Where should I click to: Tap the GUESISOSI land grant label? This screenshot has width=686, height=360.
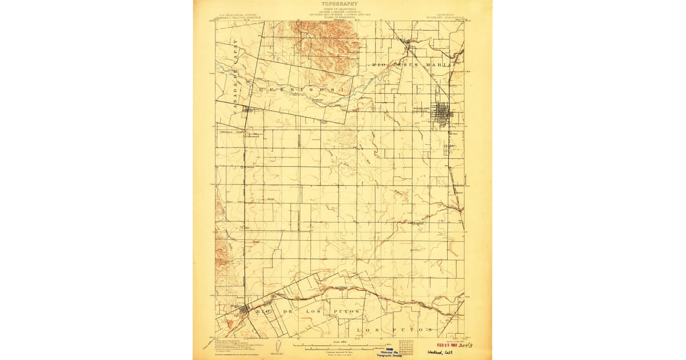pos(301,90)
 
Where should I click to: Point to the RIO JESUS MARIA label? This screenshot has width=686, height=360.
pos(412,65)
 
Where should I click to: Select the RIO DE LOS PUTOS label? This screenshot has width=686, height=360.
pos(309,311)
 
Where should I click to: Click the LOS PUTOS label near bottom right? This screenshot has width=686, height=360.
pos(394,330)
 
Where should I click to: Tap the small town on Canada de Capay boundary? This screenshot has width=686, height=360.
pos(247,110)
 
